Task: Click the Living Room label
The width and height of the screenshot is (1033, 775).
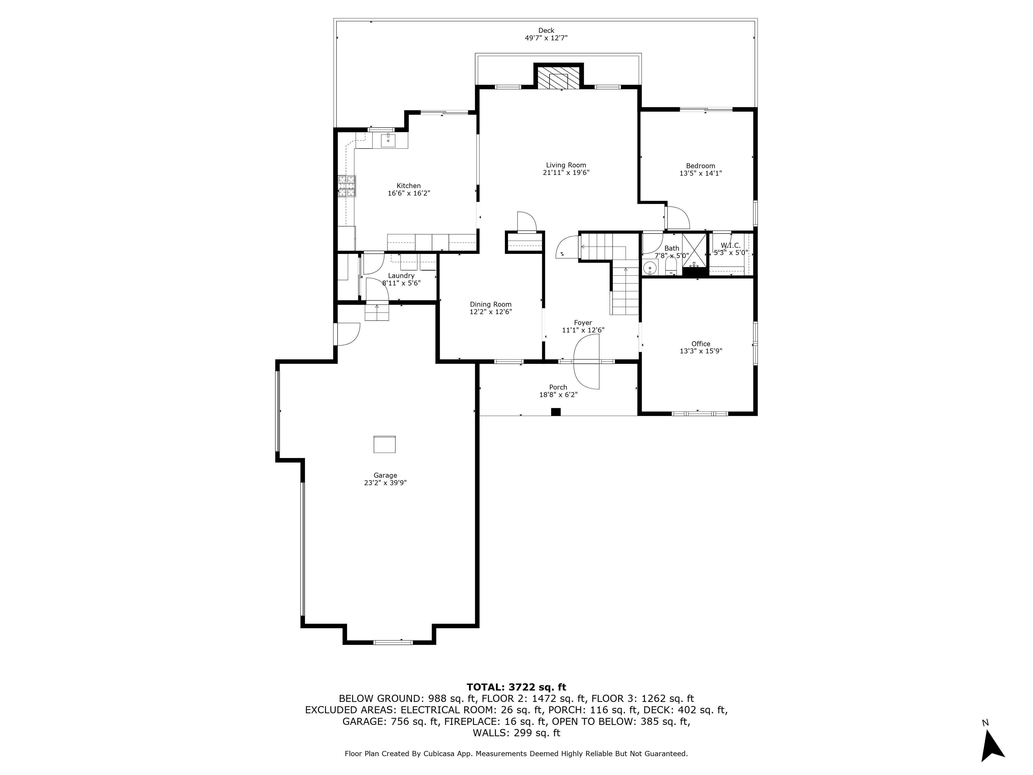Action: click(x=566, y=165)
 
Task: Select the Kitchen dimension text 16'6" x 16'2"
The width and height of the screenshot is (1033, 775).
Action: click(x=409, y=193)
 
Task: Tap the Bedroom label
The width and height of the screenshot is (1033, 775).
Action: click(x=700, y=166)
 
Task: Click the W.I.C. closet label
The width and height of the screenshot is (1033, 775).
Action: click(x=730, y=245)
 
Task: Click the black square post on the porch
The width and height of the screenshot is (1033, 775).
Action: click(x=556, y=412)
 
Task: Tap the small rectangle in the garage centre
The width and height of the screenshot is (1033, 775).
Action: click(x=384, y=444)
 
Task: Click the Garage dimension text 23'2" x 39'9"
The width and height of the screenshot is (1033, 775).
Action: click(x=385, y=483)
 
